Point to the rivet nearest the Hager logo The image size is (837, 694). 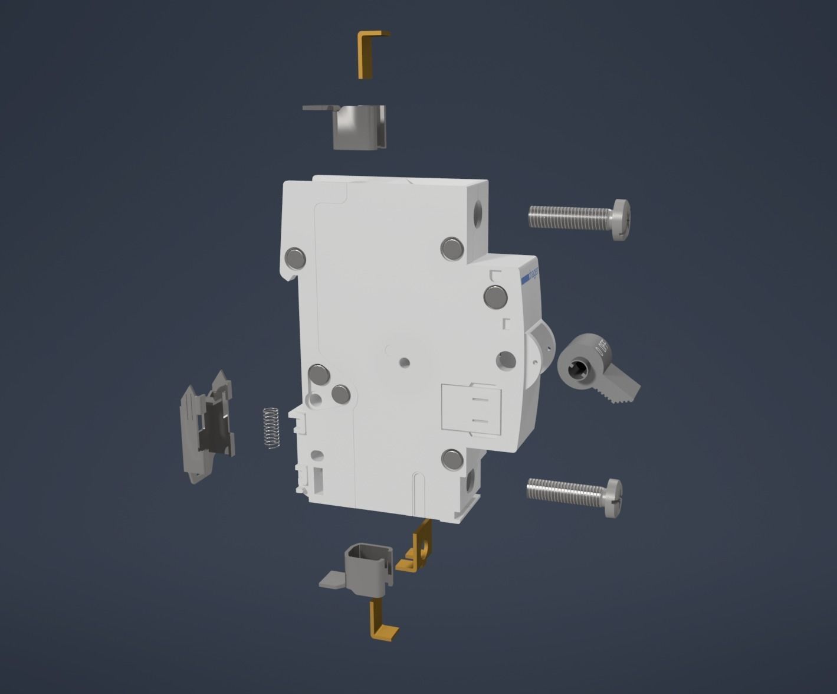495,296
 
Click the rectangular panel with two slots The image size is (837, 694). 471,408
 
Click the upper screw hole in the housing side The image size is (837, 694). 477,216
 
